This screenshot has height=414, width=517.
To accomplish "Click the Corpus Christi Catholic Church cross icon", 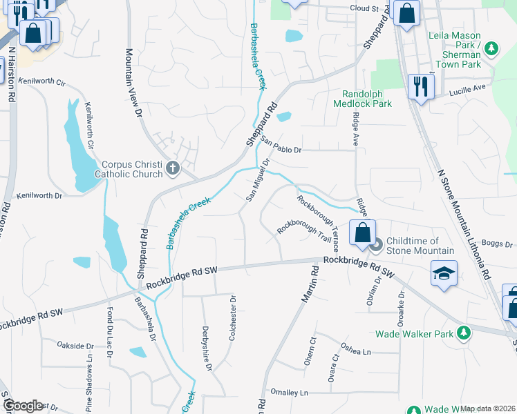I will (172, 167).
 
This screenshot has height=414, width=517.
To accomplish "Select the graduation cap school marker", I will (444, 273).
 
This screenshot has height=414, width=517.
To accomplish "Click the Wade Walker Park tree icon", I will (465, 333).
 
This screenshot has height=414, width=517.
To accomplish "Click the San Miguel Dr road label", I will (257, 180).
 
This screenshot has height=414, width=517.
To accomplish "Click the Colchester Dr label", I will (233, 317).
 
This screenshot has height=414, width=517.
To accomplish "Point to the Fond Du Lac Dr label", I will (109, 333).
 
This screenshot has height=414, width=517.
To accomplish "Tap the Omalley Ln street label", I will (290, 392).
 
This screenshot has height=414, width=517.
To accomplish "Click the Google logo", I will (22, 406).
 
